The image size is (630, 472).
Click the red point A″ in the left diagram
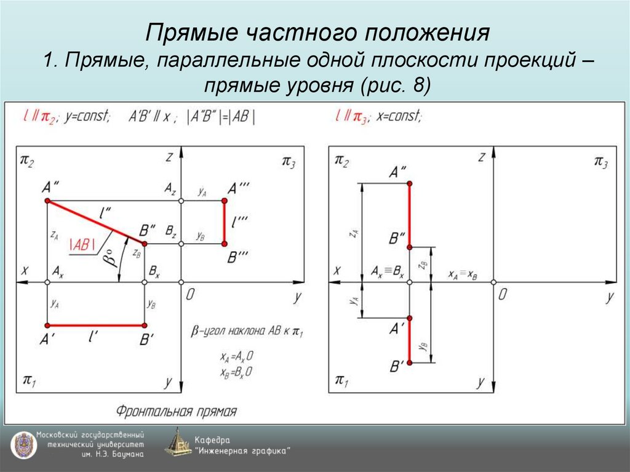[47, 201]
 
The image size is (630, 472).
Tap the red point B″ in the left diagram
[144, 244]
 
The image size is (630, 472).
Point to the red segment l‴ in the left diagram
[225, 222]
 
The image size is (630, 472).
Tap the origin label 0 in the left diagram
[190, 295]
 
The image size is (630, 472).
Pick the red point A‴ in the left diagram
[225, 201]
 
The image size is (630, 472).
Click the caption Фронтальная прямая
[177, 411]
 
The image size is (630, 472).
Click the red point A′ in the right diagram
[410, 318]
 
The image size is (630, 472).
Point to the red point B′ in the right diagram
[410, 362]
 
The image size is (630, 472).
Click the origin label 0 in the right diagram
[503, 295]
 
